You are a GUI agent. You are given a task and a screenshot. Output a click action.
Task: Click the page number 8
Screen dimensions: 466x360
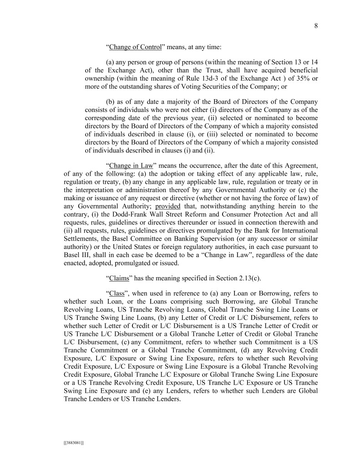[315, 26]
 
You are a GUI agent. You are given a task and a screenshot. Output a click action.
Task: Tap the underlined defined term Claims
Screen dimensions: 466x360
[120, 278]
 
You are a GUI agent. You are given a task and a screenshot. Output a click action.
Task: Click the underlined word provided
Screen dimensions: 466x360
[168, 206]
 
